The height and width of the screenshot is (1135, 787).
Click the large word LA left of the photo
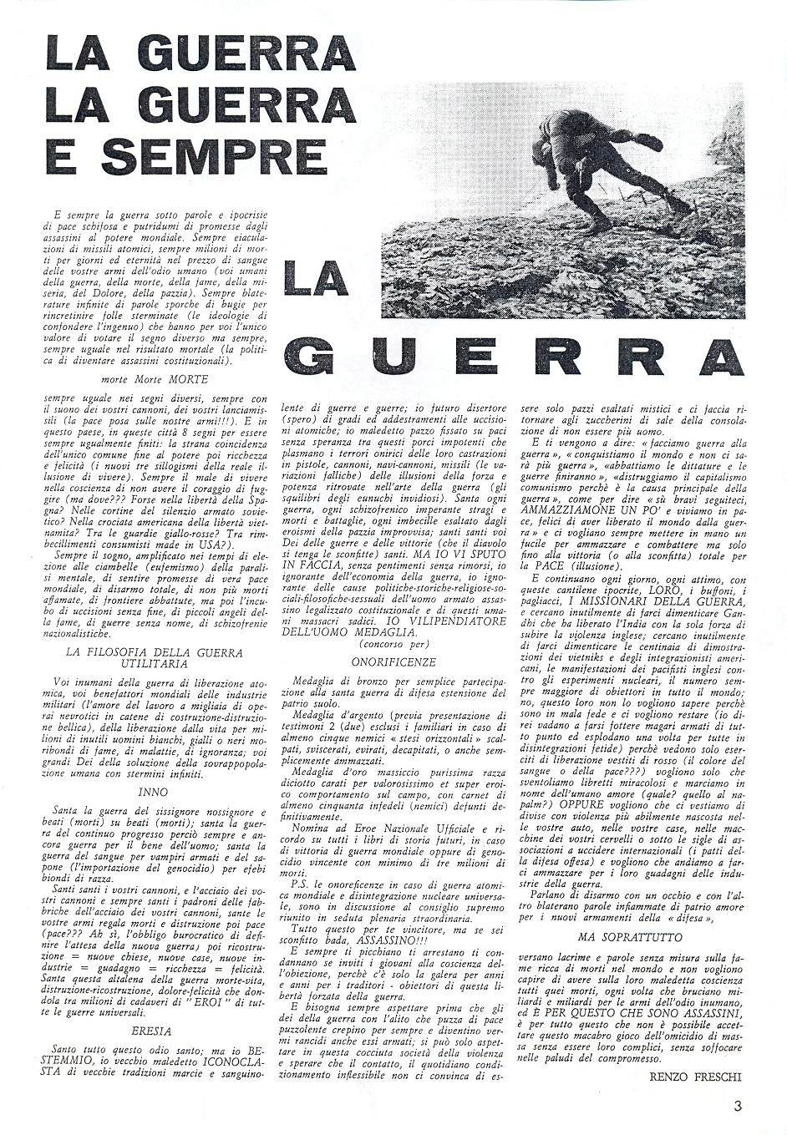pyautogui.click(x=317, y=280)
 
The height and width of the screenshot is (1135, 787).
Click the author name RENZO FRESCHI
pyautogui.click(x=694, y=1077)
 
